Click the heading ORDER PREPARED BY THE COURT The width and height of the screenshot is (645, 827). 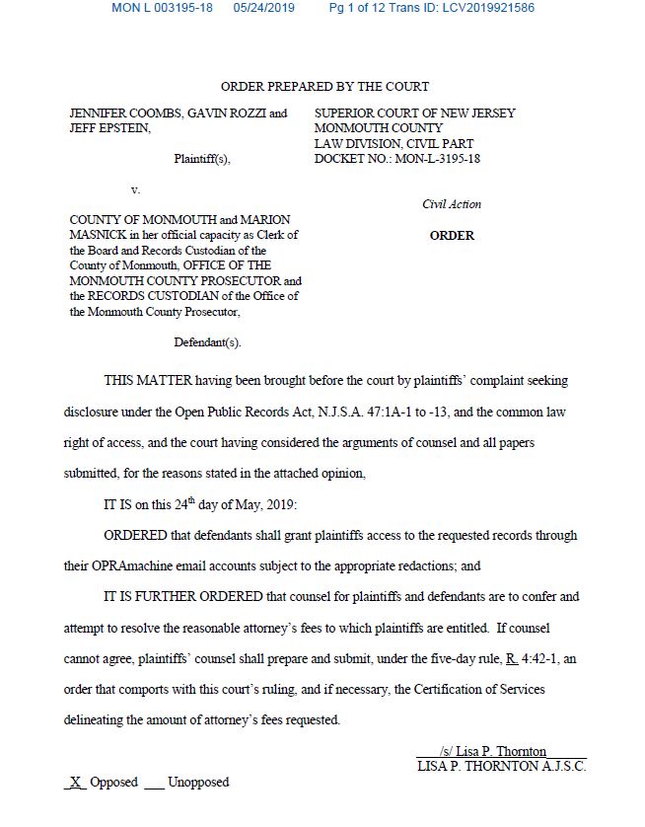point(324,87)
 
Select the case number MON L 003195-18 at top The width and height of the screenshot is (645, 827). point(162,8)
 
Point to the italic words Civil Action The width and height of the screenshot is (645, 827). point(452,204)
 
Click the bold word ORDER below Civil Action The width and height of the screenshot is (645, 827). point(452,236)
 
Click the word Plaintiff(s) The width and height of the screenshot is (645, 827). point(202,159)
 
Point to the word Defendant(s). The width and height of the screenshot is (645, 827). point(207,342)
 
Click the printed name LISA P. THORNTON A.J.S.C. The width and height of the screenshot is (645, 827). point(501,766)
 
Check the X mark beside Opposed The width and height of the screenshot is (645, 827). point(74,782)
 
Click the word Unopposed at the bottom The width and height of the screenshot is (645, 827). point(198,782)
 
